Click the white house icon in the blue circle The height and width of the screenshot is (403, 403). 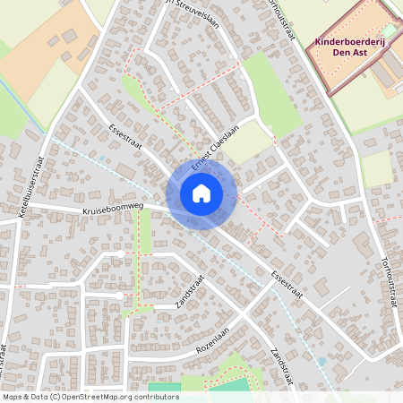201,193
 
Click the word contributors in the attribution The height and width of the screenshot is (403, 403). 152,396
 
